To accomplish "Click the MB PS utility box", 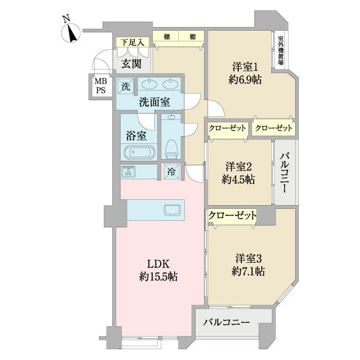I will click(98, 86).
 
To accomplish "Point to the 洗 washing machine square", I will click(125, 86).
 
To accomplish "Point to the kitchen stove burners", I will click(129, 171).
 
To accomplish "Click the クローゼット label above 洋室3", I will click(232, 215).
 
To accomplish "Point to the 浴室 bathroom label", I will click(134, 135).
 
